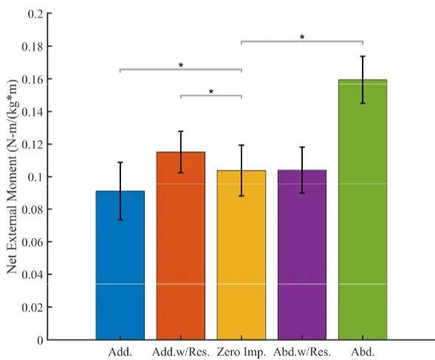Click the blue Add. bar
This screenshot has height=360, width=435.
point(120,265)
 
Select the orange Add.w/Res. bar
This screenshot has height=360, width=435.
point(181,246)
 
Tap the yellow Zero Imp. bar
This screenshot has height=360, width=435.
point(242,255)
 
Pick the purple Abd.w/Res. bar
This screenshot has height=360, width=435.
point(302,255)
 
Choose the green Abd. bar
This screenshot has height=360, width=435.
point(363,210)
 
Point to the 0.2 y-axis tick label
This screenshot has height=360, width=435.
point(35,14)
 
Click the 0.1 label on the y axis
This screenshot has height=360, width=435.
point(35,177)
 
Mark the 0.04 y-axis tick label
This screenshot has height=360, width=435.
point(32,275)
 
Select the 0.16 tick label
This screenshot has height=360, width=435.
point(32,79)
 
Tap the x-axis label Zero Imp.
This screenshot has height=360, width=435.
point(242,352)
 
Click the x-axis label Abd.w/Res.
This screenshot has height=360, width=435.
point(302,352)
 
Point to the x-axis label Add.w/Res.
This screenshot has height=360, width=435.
point(181,352)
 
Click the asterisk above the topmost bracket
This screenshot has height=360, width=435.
point(302,37)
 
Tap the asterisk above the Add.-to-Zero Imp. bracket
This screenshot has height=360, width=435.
point(181,65)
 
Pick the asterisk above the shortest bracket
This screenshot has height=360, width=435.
point(211,91)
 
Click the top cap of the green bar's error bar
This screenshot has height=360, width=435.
point(363,56)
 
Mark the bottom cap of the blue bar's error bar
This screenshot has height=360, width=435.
point(120,220)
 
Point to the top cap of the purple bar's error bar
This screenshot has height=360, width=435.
point(302,147)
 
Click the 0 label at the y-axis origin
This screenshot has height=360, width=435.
point(41,340)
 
